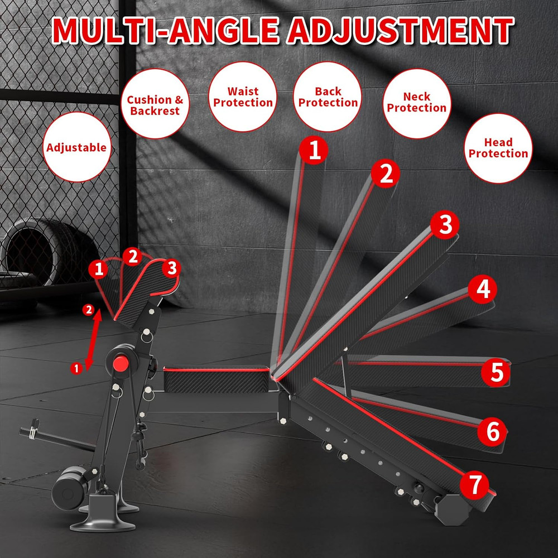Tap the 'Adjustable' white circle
pyautogui.click(x=76, y=148)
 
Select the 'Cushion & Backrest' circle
pyautogui.click(x=155, y=105)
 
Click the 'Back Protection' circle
pyautogui.click(x=328, y=97)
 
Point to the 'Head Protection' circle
pyautogui.click(x=498, y=148)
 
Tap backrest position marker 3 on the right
pyautogui.click(x=445, y=225)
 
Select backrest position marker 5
pyautogui.click(x=496, y=373)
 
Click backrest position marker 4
pyautogui.click(x=483, y=289)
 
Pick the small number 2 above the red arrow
pyautogui.click(x=87, y=310)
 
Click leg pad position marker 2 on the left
pyautogui.click(x=133, y=257)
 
